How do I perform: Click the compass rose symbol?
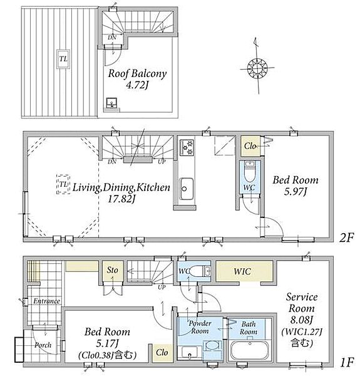coord(257,68)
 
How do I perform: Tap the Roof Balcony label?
coord(137,73)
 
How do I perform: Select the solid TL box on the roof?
coord(63,59)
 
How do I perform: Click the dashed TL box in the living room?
coord(63,184)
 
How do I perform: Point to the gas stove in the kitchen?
coord(187,147)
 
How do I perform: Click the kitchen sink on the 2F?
coord(187,189)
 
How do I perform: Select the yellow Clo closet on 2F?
coord(250,146)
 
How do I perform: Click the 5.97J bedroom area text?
coord(296,192)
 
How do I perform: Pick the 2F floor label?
coord(346,238)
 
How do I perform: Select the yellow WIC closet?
coord(244,271)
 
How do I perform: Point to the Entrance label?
coord(46,301)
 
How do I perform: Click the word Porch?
coord(43,345)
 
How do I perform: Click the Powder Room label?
coord(200,327)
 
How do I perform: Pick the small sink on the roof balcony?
coord(111,103)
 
